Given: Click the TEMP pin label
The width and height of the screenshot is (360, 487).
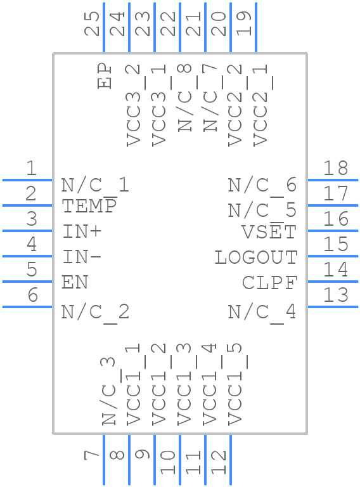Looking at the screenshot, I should (89, 206).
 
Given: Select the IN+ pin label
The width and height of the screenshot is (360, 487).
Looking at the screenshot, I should (82, 231).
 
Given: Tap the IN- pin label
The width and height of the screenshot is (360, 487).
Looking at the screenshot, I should (82, 257).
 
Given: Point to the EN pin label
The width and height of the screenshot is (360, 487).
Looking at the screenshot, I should (75, 282).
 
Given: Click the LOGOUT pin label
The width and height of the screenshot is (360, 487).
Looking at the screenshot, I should (255, 257).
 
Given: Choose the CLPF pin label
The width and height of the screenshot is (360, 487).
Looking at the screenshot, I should (269, 283).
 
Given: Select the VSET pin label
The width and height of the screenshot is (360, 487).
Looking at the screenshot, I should (269, 232).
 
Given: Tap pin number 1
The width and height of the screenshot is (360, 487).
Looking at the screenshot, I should (30, 169).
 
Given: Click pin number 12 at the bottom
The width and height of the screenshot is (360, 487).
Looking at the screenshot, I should (219, 462).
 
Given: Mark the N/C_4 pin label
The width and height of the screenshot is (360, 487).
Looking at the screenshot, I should (262, 312).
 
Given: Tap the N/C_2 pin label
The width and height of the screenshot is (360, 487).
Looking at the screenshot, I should (95, 312).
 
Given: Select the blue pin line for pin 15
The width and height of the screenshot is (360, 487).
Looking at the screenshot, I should (333, 256).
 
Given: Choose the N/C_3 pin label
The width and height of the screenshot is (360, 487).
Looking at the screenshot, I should (109, 391).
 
